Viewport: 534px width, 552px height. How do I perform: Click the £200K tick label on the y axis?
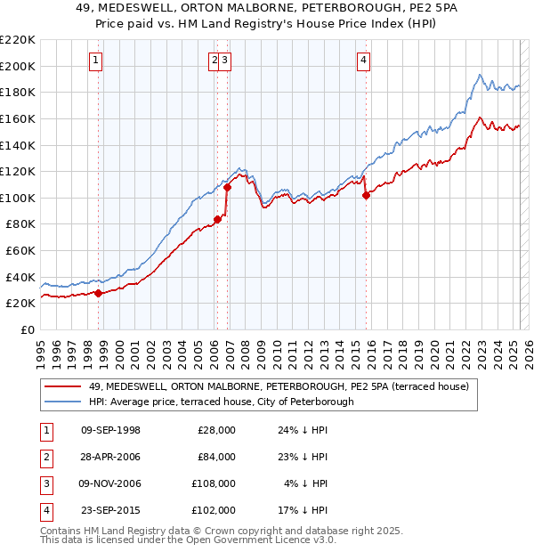pyautogui.click(x=18, y=66)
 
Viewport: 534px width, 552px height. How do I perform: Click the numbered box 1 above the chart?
pyautogui.click(x=95, y=61)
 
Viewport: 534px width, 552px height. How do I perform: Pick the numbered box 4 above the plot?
pyautogui.click(x=364, y=61)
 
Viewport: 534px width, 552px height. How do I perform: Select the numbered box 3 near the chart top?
pyautogui.click(x=225, y=61)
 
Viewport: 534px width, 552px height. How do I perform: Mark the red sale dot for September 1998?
pyautogui.click(x=98, y=293)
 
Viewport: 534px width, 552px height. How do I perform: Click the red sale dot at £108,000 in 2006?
pyautogui.click(x=227, y=187)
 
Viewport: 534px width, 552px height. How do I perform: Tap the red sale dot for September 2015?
pyautogui.click(x=366, y=195)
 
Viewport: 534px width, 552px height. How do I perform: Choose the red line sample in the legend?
pyautogui.click(x=63, y=386)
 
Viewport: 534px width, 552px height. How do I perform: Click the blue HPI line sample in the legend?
pyautogui.click(x=63, y=402)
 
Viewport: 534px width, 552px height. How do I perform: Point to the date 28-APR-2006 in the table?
pyautogui.click(x=110, y=457)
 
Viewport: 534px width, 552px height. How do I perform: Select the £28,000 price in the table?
pyautogui.click(x=216, y=430)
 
